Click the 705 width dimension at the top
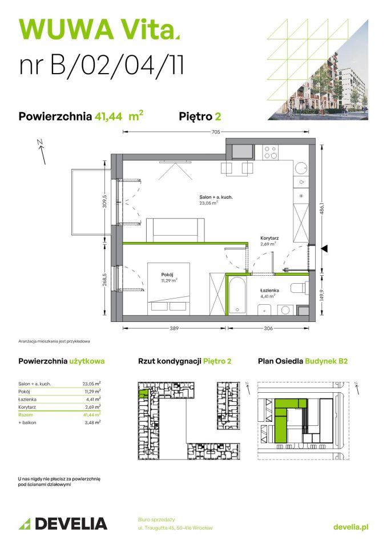216,131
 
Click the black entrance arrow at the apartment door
324,248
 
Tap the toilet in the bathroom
300,289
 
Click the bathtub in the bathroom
237,294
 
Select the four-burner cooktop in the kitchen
271,152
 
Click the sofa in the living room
176,230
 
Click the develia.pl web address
350,527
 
